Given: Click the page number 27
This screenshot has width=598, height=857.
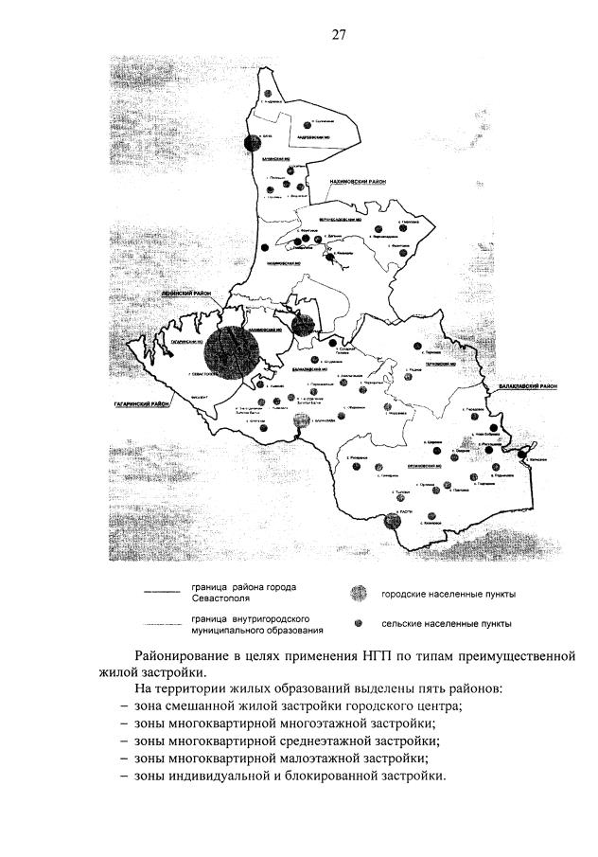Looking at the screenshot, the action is tap(339, 36).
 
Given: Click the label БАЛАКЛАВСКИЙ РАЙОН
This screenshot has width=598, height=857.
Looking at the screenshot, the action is tap(524, 387).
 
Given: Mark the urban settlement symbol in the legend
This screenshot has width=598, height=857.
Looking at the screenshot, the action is tap(357, 595).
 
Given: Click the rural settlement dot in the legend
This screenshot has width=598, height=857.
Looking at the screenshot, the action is tap(357, 624).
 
